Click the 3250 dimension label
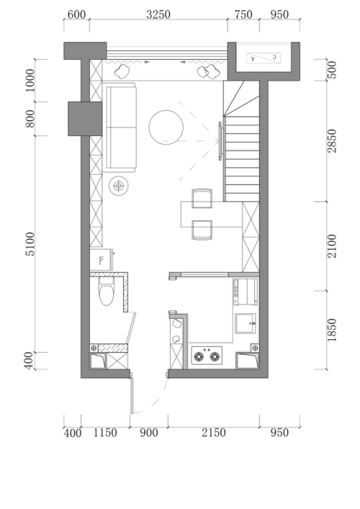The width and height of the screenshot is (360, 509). click(158, 14)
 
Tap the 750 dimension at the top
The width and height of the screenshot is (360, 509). click(243, 14)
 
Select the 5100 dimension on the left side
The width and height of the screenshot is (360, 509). click(30, 244)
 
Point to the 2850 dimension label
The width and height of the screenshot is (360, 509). click(332, 141)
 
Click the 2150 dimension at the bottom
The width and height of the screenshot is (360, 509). click(214, 433)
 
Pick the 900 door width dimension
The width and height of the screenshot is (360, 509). click(149, 433)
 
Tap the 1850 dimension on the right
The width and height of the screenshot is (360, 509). click(332, 330)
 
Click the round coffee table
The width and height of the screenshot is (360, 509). click(166, 127)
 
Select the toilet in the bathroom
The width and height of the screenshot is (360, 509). click(107, 291)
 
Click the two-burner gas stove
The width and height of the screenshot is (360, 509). click(207, 356)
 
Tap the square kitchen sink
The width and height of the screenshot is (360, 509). click(246, 323)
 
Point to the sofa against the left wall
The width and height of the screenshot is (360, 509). click(120, 127)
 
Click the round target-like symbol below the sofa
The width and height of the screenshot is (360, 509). click(119, 186)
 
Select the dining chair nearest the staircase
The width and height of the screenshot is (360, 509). click(202, 198)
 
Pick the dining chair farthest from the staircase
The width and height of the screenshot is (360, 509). click(202, 230)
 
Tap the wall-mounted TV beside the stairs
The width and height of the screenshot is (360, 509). click(220, 141)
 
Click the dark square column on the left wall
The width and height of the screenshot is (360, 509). click(85, 119)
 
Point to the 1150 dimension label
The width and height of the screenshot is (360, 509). click(105, 433)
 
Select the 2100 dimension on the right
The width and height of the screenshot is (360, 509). click(332, 246)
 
